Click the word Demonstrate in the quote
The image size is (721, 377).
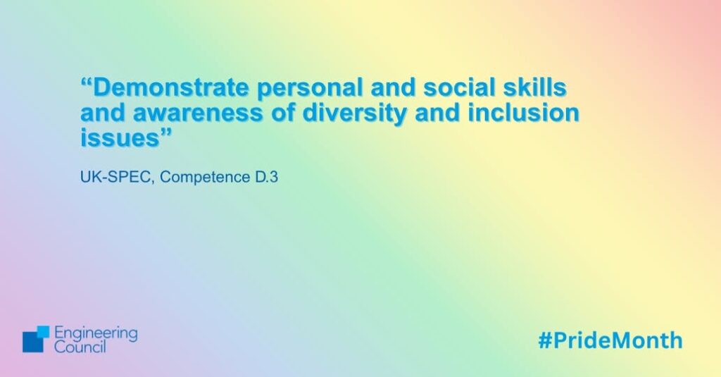pyautogui.click(x=170, y=87)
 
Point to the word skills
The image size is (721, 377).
pyautogui.click(x=531, y=87)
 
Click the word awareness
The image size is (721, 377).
pyautogui.click(x=198, y=113)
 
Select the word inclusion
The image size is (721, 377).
pyautogui.click(x=524, y=113)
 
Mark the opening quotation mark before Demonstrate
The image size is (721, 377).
pyautogui.click(x=87, y=83)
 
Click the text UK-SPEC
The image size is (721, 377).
pyautogui.click(x=116, y=177)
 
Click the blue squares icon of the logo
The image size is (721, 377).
pyautogui.click(x=36, y=339)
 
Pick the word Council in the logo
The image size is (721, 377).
pyautogui.click(x=80, y=347)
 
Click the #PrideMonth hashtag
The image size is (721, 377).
pyautogui.click(x=610, y=340)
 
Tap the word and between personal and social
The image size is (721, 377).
pyautogui.click(x=394, y=87)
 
